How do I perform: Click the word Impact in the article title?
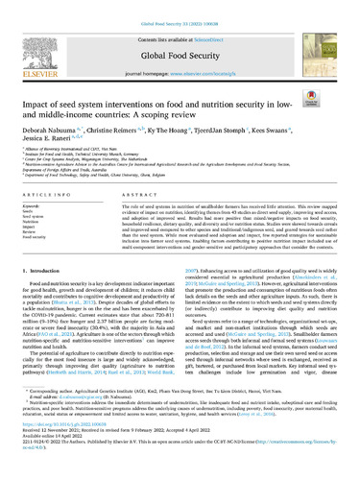39,79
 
